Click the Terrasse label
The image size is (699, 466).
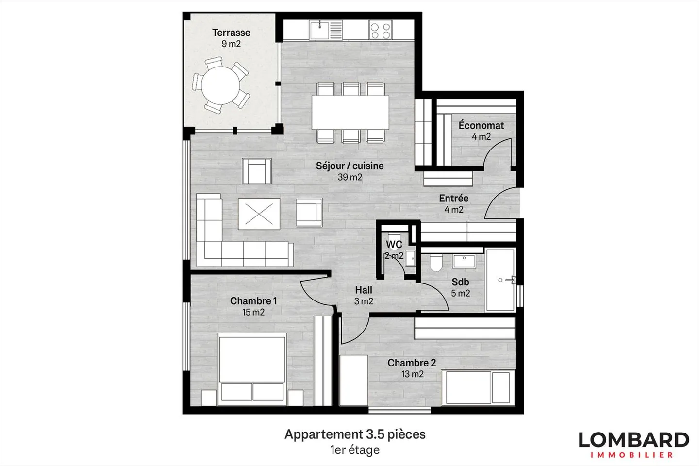(x=231, y=33)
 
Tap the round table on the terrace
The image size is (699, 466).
(x=220, y=85)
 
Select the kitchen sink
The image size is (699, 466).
(x=326, y=30)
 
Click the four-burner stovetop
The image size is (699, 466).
(x=381, y=30)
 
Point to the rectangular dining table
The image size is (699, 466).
(x=350, y=112)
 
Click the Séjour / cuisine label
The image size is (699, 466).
(x=350, y=166)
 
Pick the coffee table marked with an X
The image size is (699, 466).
(x=259, y=214)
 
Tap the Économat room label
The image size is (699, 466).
(x=481, y=125)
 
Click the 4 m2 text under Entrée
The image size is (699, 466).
(x=454, y=209)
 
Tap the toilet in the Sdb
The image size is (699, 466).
(x=435, y=263)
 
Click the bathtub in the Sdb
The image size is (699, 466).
(x=500, y=280)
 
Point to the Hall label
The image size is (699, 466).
(x=364, y=290)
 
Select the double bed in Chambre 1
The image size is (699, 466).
(x=252, y=369)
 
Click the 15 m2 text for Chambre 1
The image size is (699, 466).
(x=253, y=312)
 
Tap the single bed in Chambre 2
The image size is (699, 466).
(x=478, y=387)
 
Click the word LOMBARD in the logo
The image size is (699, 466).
(x=634, y=440)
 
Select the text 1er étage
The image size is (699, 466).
(x=355, y=450)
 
